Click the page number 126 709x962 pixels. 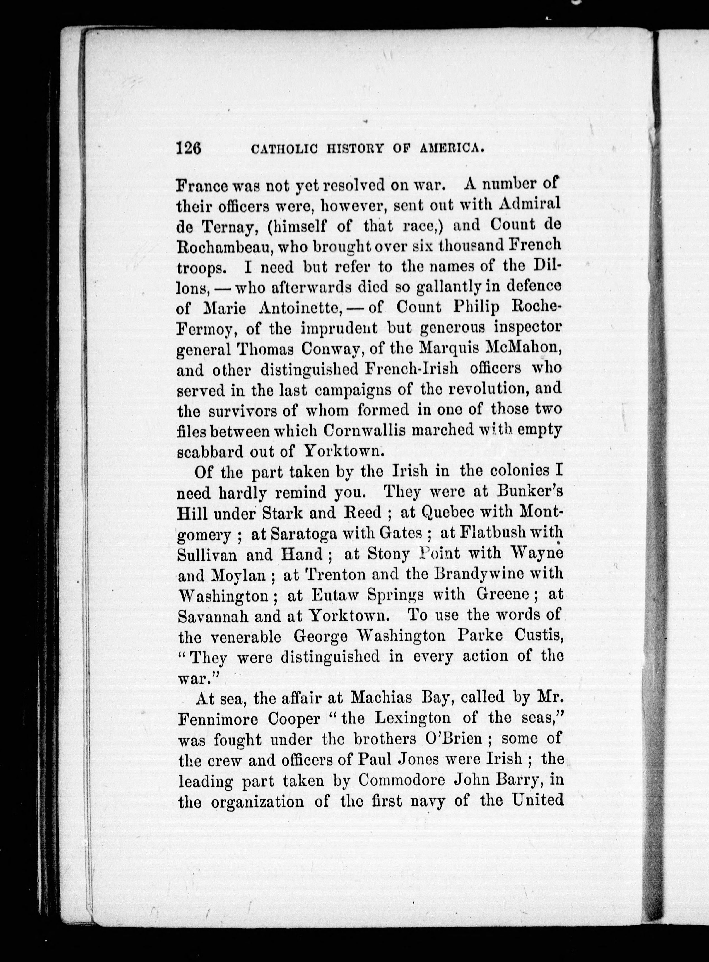pyautogui.click(x=189, y=148)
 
